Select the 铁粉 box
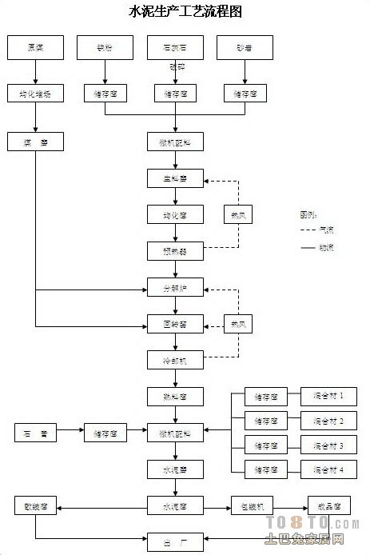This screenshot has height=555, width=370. [105, 47]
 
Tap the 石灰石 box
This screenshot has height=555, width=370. [175, 47]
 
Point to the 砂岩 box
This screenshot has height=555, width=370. [245, 47]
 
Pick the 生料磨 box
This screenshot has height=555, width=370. [175, 178]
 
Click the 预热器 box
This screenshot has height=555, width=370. [175, 251]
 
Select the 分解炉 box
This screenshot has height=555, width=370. [175, 287]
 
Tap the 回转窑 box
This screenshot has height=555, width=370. [175, 324]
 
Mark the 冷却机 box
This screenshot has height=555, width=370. [175, 360]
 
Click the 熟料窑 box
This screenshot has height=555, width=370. [175, 396]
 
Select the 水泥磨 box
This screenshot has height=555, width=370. [175, 469]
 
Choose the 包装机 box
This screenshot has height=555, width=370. [252, 505]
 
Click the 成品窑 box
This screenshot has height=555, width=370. [328, 505]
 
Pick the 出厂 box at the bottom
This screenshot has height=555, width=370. [175, 541]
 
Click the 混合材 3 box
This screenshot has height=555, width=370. [328, 445]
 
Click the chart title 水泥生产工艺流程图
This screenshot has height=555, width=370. [185, 11]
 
